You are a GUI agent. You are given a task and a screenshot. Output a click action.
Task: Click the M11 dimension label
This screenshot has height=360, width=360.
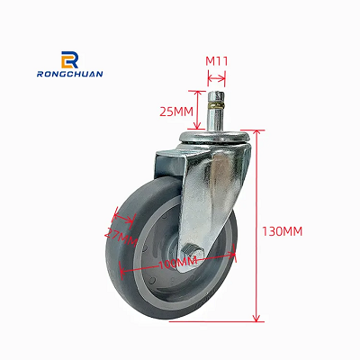coord(219,61)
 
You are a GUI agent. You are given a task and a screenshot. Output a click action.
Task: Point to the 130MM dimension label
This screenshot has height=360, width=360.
coord(283,231)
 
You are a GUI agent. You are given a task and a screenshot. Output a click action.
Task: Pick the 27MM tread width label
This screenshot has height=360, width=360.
coord(121,238)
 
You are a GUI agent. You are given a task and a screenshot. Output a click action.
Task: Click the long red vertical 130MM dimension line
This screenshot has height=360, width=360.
coord(256,225)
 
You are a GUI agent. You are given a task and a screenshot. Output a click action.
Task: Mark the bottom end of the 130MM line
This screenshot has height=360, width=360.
coord(256,320)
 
